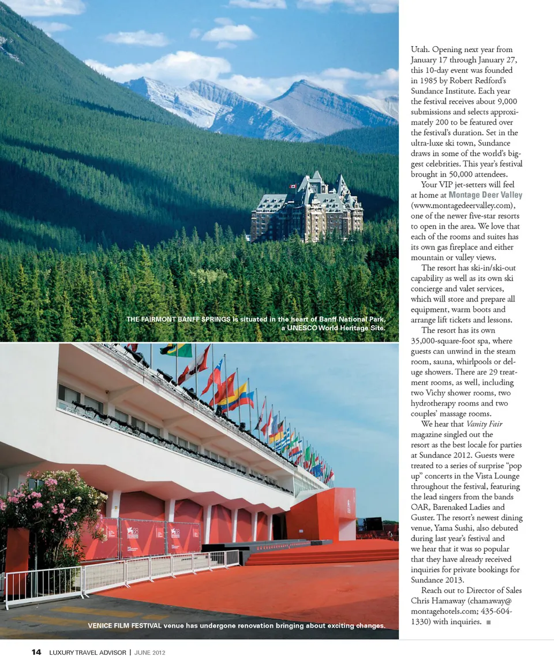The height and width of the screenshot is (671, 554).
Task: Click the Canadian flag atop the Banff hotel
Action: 293,187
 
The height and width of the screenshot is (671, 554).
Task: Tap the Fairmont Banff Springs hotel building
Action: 307,211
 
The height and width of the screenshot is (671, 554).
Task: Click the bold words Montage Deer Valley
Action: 485,195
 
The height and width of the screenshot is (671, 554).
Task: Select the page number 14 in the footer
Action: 36,653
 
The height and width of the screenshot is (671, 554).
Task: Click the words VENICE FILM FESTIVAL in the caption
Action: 124,625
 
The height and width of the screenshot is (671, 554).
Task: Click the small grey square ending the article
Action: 489,622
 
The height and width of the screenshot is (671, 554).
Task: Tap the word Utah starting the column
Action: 420,50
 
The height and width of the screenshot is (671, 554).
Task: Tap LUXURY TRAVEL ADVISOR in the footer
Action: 87,653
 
